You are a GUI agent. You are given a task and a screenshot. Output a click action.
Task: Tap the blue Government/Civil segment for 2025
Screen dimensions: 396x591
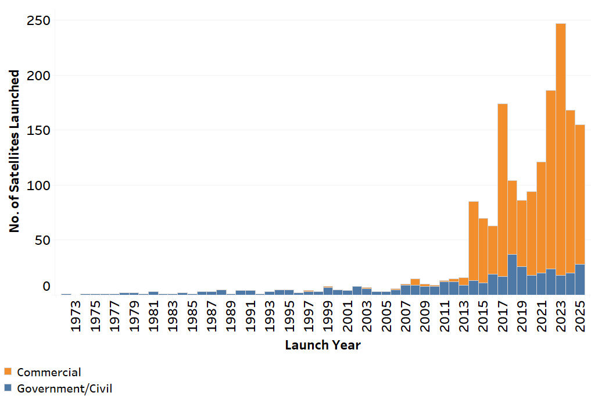[580, 279]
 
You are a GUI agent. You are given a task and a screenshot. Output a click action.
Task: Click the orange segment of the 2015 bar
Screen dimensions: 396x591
[483, 250]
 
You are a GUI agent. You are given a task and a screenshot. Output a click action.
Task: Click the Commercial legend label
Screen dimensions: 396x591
[49, 372]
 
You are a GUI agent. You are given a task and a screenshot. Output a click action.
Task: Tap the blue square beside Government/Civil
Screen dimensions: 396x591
[8, 388]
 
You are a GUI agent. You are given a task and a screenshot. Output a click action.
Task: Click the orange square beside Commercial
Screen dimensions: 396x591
[8, 372]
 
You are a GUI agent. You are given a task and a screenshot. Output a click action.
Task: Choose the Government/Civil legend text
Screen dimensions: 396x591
[65, 388]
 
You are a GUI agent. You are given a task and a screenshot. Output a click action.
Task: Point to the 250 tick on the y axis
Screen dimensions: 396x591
[38, 21]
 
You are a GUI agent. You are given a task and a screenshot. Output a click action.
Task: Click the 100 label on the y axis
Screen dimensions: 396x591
[38, 185]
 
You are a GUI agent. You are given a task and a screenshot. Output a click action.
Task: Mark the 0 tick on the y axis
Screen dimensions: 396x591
[46, 287]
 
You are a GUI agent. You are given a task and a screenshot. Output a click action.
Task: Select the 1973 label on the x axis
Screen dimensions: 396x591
[76, 317]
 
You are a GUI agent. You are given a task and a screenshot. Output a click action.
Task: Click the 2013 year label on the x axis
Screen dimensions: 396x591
[464, 317]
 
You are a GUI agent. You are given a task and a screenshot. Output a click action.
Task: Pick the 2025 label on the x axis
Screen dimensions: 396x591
[580, 317]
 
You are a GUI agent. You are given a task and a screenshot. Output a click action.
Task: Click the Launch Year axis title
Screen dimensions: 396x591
[323, 345]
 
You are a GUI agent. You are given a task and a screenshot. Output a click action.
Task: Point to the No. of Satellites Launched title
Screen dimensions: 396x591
[15, 151]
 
